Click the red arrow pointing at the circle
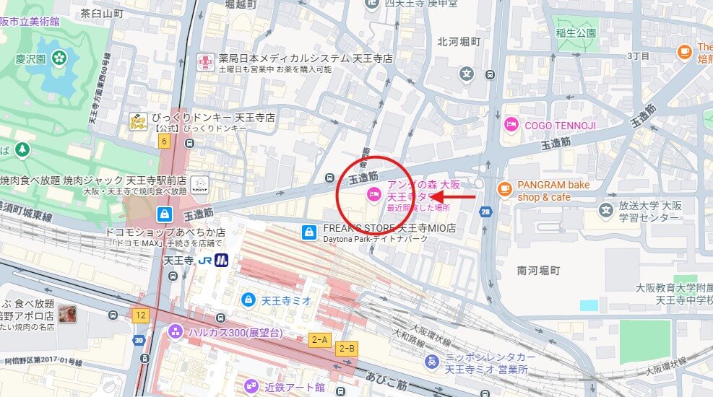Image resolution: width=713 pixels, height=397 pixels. (x=454, y=196)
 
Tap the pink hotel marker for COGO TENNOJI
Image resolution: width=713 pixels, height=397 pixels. (x=511, y=125)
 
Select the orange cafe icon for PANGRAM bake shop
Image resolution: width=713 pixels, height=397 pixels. (x=505, y=190)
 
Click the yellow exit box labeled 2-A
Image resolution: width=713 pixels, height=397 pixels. (x=319, y=339)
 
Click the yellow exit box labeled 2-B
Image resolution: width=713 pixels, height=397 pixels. (x=347, y=348)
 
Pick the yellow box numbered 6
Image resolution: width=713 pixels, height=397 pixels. (x=164, y=141)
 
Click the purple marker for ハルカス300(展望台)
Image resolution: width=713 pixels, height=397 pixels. (x=175, y=332)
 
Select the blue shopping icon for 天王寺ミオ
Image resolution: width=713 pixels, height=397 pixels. (x=248, y=299)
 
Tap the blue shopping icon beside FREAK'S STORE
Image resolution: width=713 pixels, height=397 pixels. (x=309, y=232)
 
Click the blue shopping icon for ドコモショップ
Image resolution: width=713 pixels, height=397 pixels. (x=165, y=214)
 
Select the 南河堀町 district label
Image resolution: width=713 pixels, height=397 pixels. (x=538, y=271)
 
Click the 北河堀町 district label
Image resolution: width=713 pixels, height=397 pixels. (x=458, y=42)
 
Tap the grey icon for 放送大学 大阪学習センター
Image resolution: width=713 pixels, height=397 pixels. (x=605, y=209)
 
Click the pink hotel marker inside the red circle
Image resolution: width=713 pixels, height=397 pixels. (x=374, y=193)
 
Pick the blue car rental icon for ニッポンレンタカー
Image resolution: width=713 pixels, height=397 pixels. (x=431, y=362)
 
